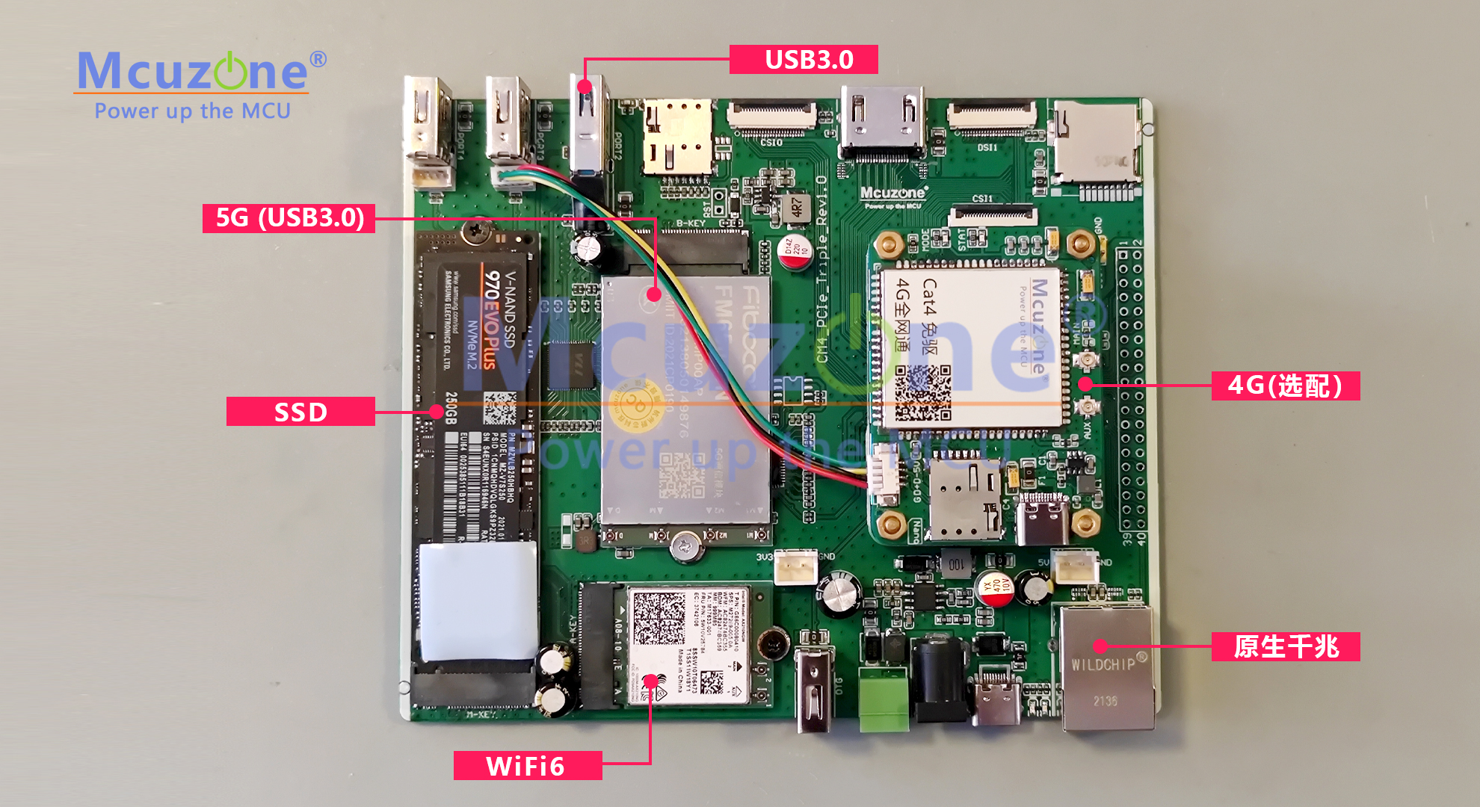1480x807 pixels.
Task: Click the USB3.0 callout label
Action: [x=804, y=60]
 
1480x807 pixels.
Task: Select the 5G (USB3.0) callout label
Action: [x=289, y=218]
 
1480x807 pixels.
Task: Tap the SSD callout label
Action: [x=300, y=412]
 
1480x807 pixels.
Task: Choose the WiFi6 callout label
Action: [x=527, y=766]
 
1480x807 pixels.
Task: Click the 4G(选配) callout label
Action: [x=1285, y=386]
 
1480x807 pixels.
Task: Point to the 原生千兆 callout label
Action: [x=1285, y=646]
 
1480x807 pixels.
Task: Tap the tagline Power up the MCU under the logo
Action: [x=192, y=111]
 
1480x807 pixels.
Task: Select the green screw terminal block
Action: [x=884, y=699]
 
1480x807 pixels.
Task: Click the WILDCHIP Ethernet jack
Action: [x=1106, y=667]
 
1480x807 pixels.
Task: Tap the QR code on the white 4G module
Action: [x=923, y=392]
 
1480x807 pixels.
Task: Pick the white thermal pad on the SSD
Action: [x=478, y=602]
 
